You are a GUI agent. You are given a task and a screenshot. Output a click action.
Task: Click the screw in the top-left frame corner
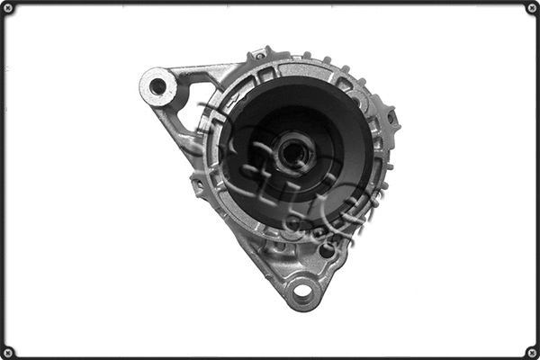(8, 8)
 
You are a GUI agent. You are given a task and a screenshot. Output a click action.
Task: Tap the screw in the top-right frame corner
(531, 8)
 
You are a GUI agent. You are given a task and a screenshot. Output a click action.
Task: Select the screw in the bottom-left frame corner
(8, 351)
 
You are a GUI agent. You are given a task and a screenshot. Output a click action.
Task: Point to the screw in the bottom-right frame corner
(531, 351)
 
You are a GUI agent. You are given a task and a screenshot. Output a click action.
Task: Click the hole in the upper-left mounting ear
(158, 86)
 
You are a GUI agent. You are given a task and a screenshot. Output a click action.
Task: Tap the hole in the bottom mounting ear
(301, 292)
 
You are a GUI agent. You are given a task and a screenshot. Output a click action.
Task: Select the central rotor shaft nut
(293, 152)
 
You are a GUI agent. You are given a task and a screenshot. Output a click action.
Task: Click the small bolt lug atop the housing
(260, 54)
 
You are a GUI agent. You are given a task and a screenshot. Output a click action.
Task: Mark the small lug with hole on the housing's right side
(391, 117)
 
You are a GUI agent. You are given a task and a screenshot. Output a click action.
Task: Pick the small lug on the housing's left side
(197, 184)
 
